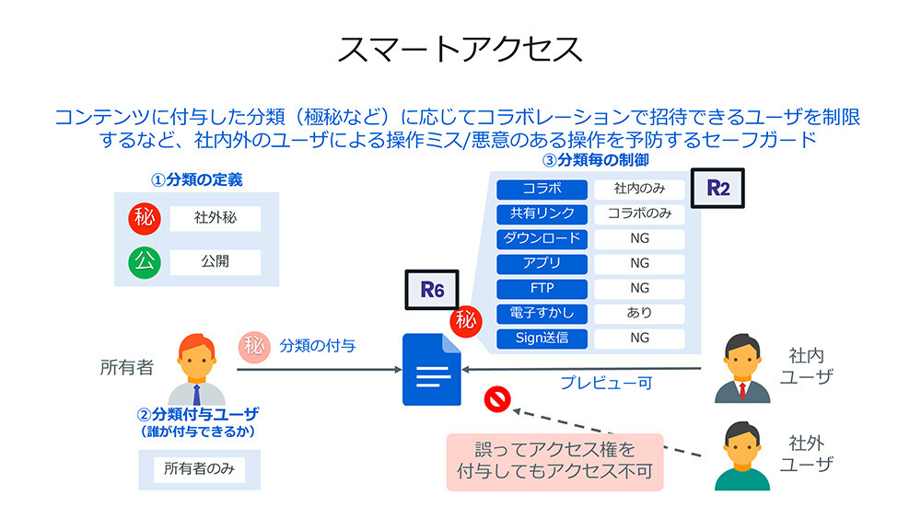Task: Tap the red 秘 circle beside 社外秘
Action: tap(145, 219)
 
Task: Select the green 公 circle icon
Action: tap(145, 261)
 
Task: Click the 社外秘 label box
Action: tap(215, 219)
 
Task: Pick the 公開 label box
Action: tap(215, 262)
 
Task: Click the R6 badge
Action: tap(432, 289)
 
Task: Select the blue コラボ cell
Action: tap(542, 190)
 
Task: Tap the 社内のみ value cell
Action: tap(639, 190)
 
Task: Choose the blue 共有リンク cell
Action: tap(542, 213)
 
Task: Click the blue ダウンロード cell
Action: tap(542, 238)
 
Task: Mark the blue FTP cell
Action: tap(542, 288)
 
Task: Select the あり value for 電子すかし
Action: tap(639, 313)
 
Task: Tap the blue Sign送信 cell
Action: tap(542, 338)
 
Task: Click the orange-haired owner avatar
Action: tap(195, 369)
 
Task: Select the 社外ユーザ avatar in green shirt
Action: tap(742, 455)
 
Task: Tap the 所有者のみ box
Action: tap(199, 468)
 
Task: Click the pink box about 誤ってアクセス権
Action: tap(554, 462)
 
